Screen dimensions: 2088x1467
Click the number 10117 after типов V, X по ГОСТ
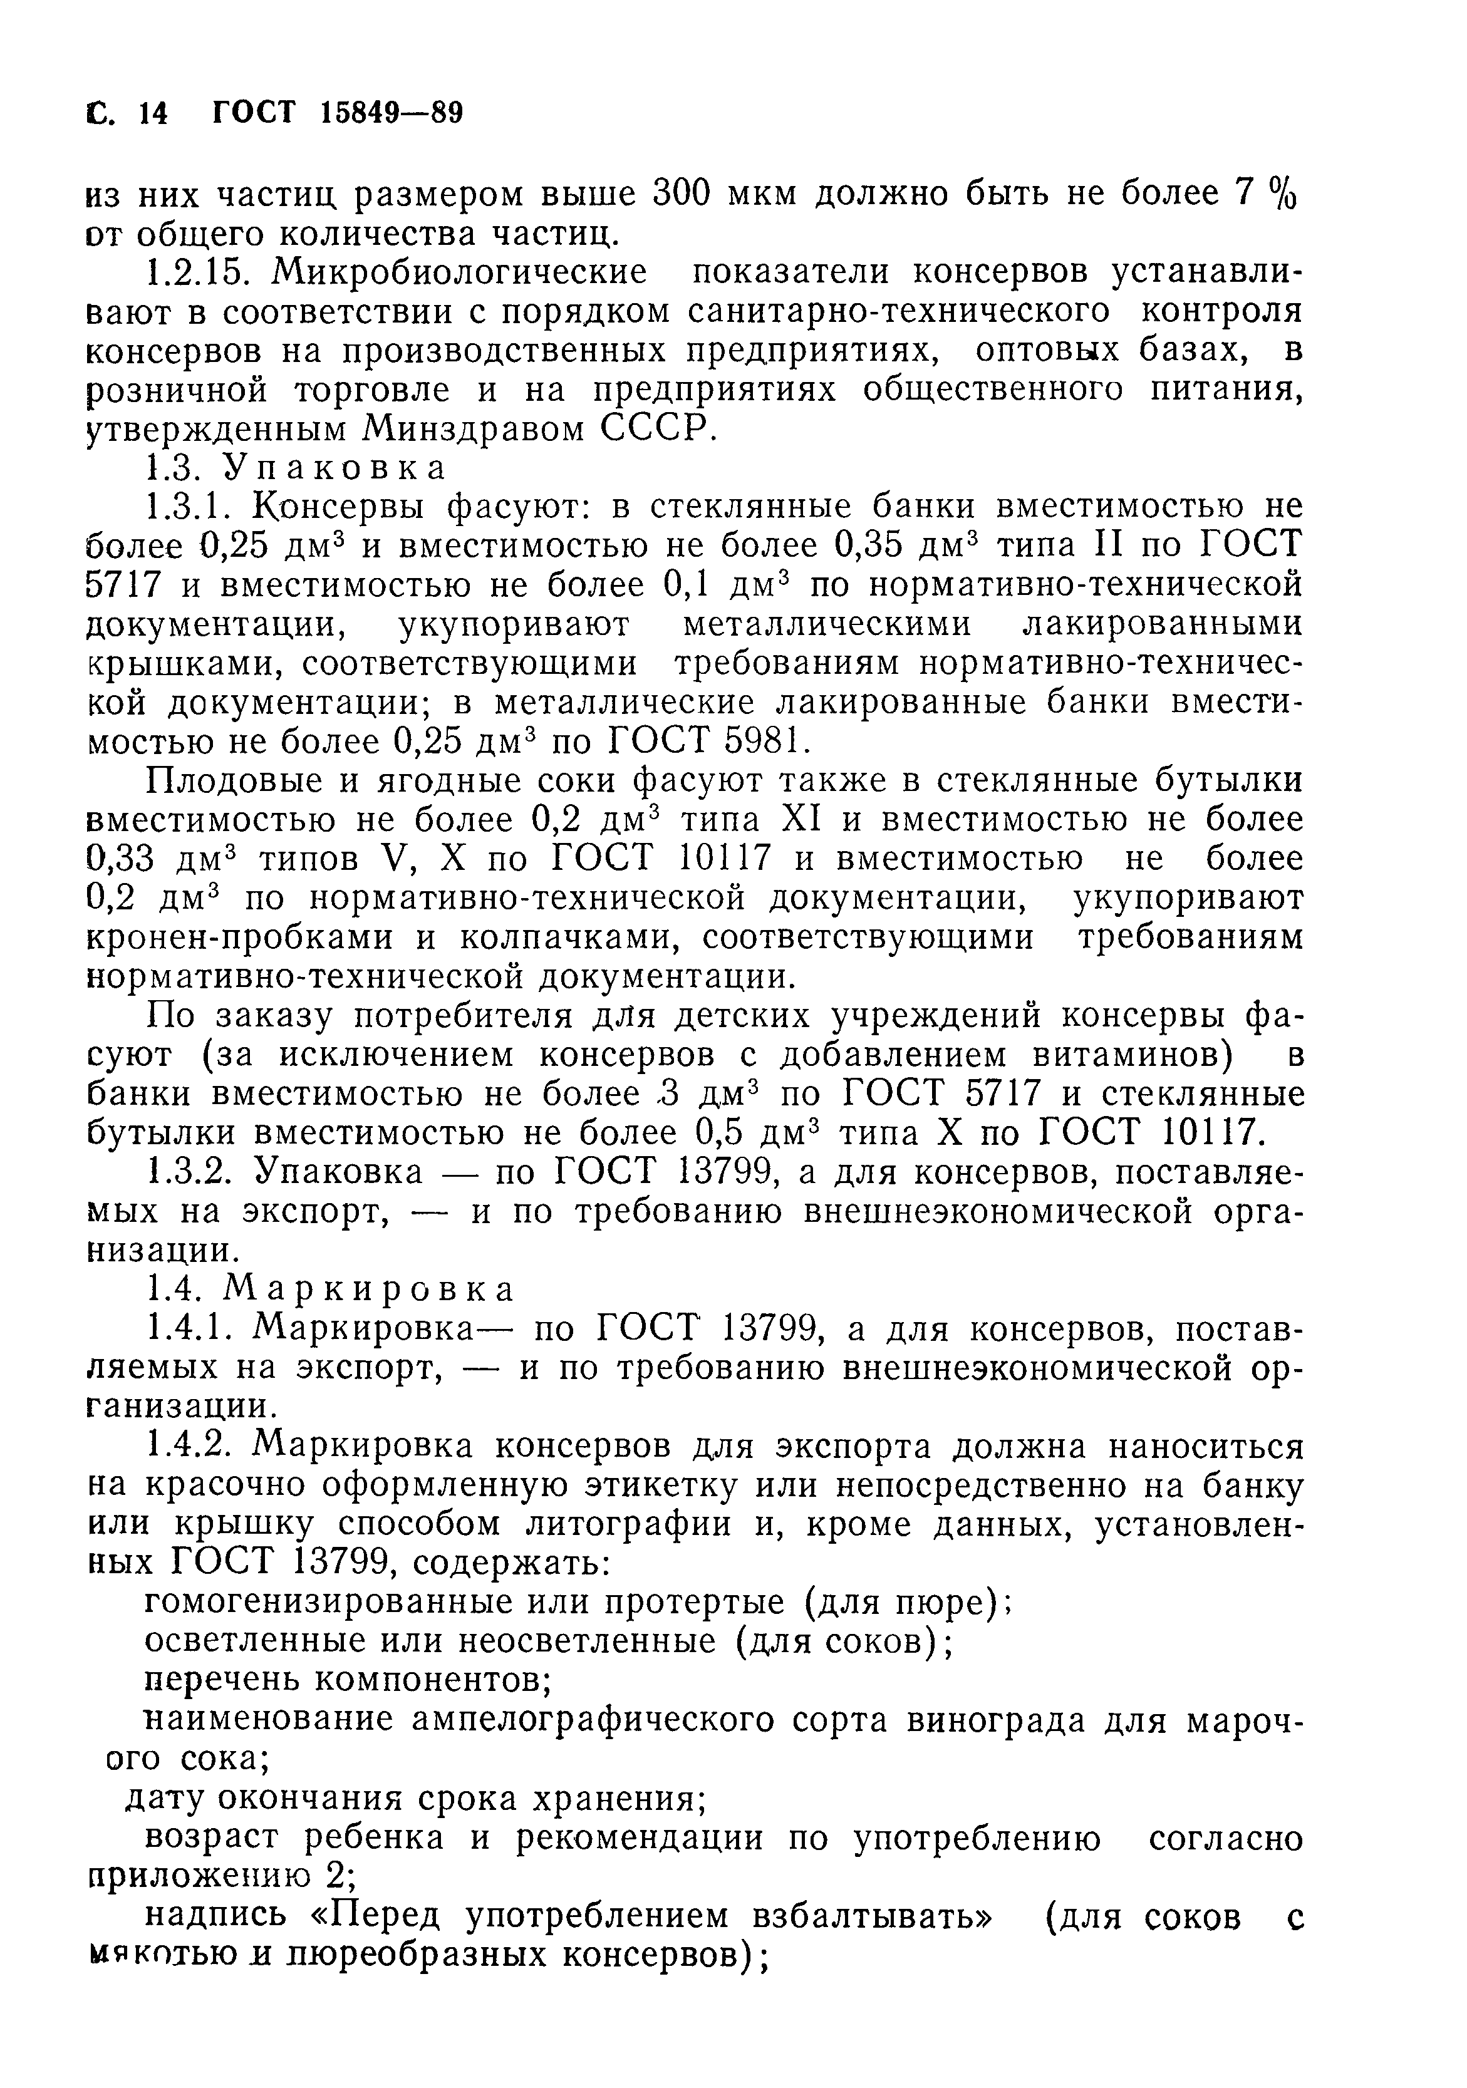[x=725, y=859]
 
